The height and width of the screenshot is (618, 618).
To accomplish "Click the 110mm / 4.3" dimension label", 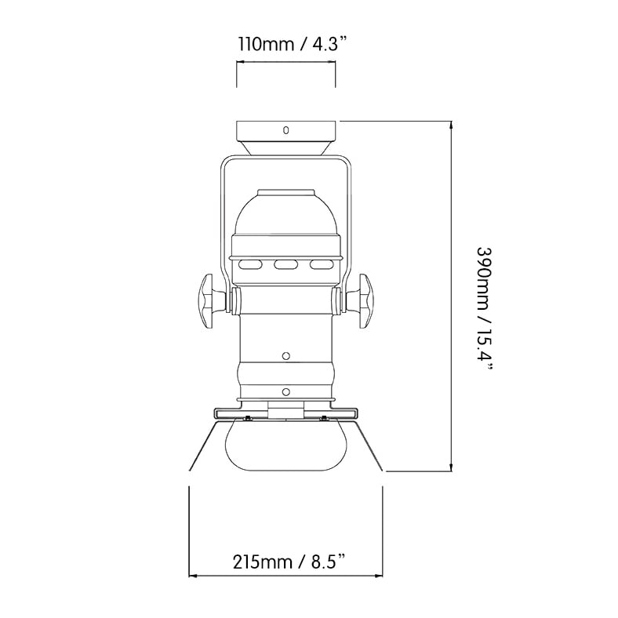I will pos(286,44).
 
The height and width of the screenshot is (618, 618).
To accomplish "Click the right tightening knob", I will pos(363,300).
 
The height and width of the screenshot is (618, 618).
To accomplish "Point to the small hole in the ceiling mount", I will pos(286,129).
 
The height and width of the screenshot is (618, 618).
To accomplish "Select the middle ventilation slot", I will pos(286,265).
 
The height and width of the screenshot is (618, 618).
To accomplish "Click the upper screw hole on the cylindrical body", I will pos(286,355).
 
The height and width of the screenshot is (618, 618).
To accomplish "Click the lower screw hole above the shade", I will pos(286,391).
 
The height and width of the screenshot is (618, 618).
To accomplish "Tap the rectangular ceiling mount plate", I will pos(286,131).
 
